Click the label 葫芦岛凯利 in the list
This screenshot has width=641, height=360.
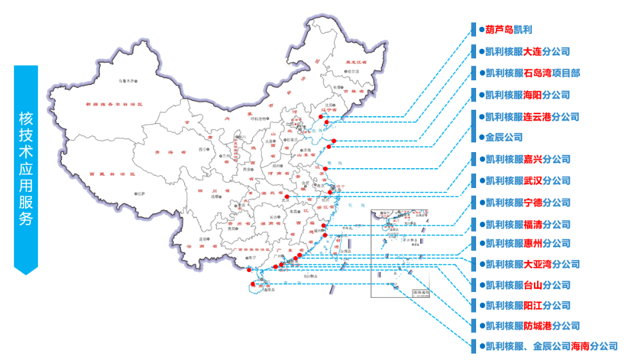click(x=509, y=29)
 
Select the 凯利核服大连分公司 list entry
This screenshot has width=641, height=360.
click(x=527, y=51)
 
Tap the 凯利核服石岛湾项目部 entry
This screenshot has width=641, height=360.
click(x=533, y=73)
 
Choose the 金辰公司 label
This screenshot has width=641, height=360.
click(x=504, y=137)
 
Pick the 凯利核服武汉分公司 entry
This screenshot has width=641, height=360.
click(x=527, y=180)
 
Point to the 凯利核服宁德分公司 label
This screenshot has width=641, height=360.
click(x=527, y=202)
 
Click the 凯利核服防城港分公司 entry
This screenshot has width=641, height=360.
click(x=533, y=325)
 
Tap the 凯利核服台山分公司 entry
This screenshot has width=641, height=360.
click(x=527, y=284)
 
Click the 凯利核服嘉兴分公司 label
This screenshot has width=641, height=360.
click(x=527, y=159)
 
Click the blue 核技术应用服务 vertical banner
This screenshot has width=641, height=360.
click(x=26, y=167)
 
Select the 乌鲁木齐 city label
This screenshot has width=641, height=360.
click(x=128, y=81)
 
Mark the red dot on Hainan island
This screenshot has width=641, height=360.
click(x=253, y=283)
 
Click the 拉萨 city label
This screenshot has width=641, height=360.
click(x=139, y=193)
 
